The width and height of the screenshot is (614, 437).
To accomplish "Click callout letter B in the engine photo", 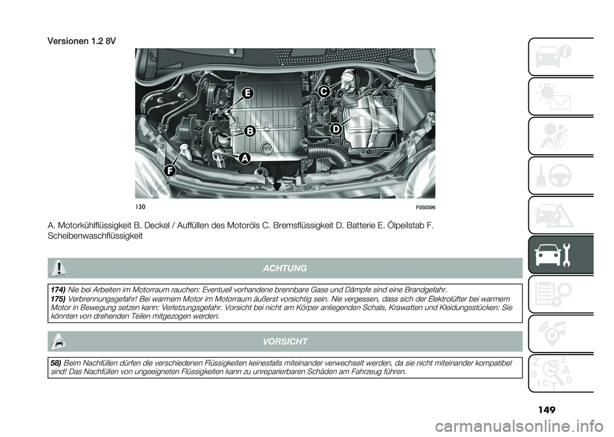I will point(249,131).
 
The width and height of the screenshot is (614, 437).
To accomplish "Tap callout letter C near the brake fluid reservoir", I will point(324,91).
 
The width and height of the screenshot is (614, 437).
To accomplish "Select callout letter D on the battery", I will point(335,129).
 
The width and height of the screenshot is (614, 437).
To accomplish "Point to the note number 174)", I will point(58,289).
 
